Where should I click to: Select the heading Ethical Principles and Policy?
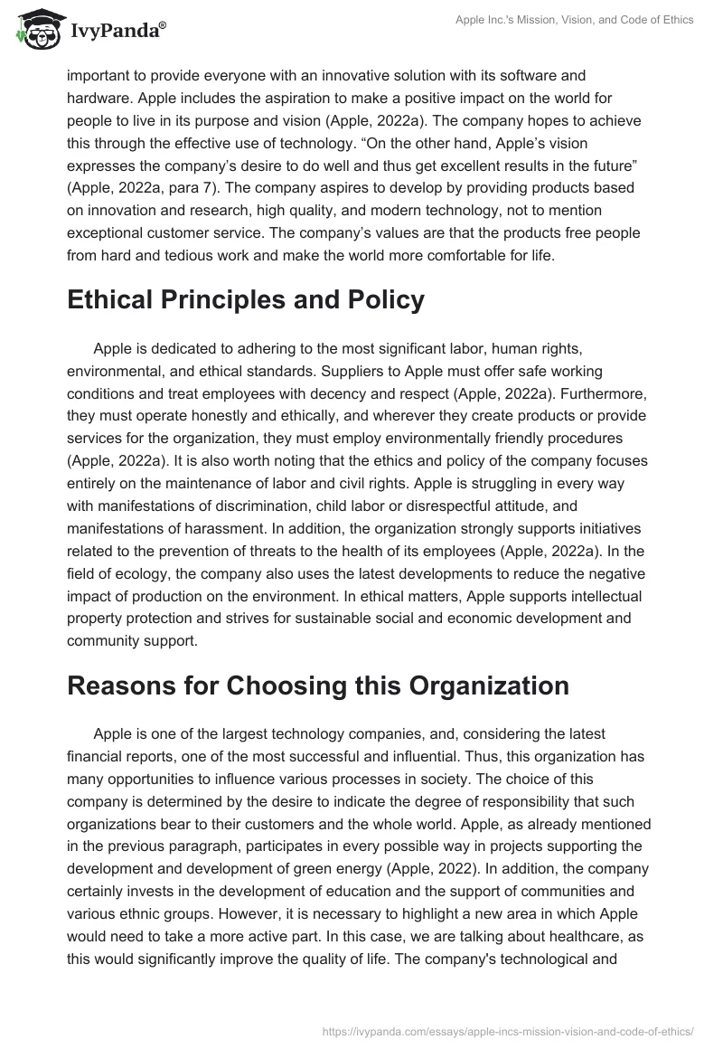click(x=245, y=300)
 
